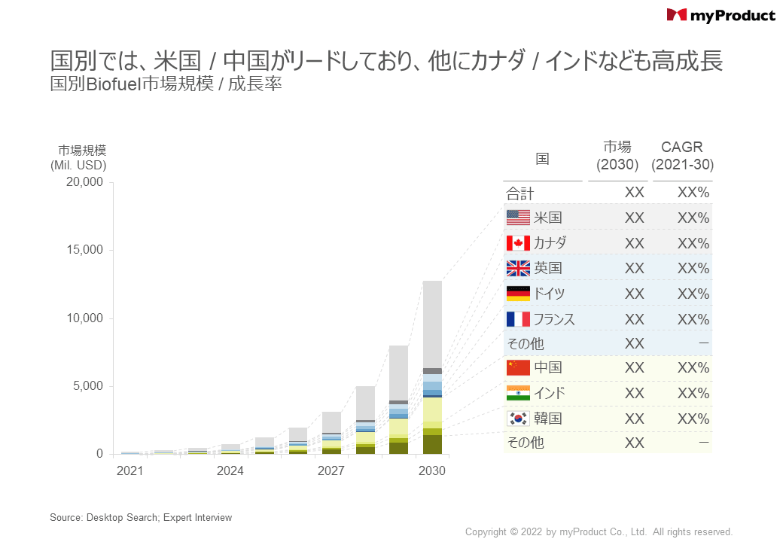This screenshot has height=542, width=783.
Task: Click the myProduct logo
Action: tap(721, 15)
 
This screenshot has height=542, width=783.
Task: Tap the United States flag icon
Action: tap(518, 218)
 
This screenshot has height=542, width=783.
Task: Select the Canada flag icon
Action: tap(518, 243)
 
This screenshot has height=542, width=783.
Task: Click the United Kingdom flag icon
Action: tap(518, 268)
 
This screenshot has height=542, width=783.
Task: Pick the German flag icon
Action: tap(518, 294)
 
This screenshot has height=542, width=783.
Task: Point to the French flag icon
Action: tap(518, 318)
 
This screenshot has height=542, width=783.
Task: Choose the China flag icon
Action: tap(518, 367)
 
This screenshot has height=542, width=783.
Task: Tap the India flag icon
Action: tap(518, 393)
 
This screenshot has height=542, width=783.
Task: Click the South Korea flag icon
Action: tap(518, 418)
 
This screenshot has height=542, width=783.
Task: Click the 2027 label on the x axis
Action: tap(331, 471)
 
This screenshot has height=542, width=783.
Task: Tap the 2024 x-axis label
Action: tap(230, 471)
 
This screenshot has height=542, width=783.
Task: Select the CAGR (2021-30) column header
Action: tap(682, 156)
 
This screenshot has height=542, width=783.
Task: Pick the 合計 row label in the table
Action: tap(520, 193)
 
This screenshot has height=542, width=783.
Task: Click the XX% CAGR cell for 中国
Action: tap(693, 367)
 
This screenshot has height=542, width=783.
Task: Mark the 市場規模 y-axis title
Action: tap(82, 149)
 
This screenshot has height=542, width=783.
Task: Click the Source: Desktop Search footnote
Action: tap(141, 517)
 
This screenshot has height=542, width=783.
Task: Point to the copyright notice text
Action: tap(599, 532)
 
